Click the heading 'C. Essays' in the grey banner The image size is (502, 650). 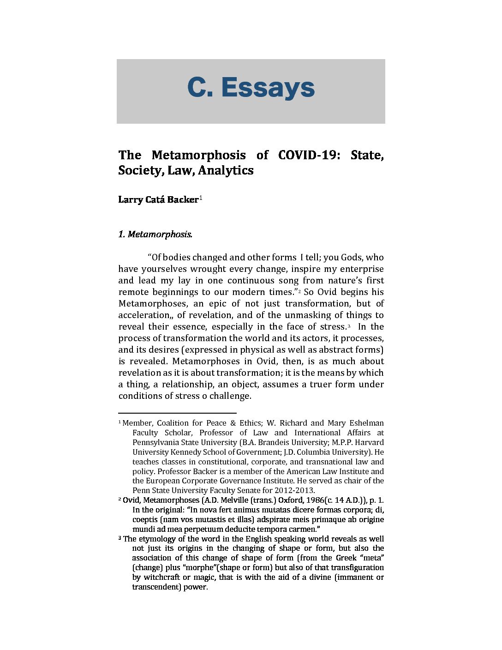tap(251, 88)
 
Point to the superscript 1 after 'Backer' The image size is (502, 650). tap(201, 198)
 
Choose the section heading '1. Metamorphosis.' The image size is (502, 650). tap(155, 235)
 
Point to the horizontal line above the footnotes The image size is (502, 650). tap(177, 413)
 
